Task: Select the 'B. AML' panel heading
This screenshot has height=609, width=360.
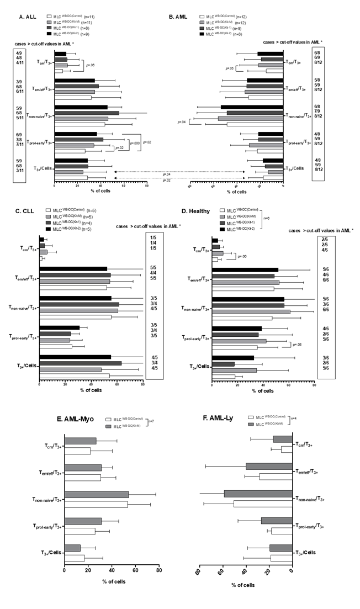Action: pyautogui.click(x=179, y=18)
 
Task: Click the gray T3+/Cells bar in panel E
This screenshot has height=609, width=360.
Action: pyautogui.click(x=72, y=547)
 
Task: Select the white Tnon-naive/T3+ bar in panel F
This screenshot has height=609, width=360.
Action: pyautogui.click(x=263, y=504)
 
